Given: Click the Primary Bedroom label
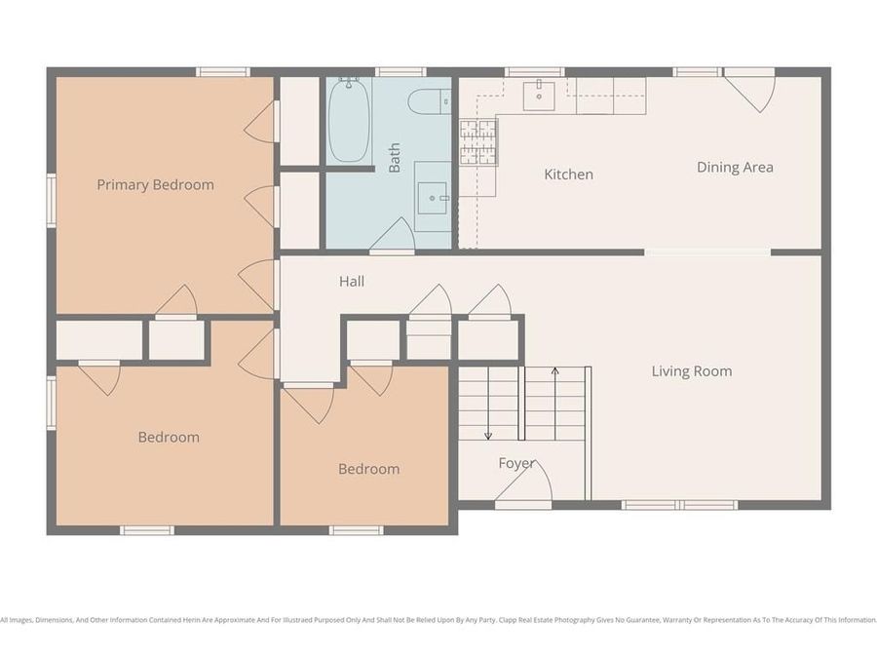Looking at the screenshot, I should coord(155,185).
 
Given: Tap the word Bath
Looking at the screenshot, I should coord(395,158).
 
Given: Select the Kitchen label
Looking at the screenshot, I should coord(568,174).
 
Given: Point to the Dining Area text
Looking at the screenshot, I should coord(735,168).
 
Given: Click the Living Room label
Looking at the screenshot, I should coord(692,371).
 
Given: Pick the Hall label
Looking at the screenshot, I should coord(352,281).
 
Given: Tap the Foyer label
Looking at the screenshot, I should coord(516,463).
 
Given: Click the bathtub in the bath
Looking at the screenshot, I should coord(348,121).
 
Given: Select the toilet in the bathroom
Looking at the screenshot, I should coord(429,100).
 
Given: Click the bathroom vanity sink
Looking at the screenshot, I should coord(432,197).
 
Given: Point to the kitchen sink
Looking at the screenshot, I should coord(539,96).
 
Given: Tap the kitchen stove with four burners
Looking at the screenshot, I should coord(478,143).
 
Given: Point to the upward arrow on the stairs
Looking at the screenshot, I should coord(554,372).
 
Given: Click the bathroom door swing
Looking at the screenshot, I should coord(394,237).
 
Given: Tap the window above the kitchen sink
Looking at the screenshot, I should coord(534,71).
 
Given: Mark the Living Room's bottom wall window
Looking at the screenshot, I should coord(679,505).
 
